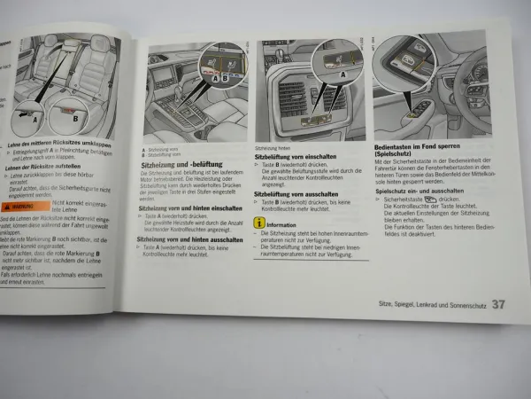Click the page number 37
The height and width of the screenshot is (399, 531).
point(498,306)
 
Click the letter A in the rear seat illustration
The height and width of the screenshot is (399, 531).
point(35,116)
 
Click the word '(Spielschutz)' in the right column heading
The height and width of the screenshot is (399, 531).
point(399,153)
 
